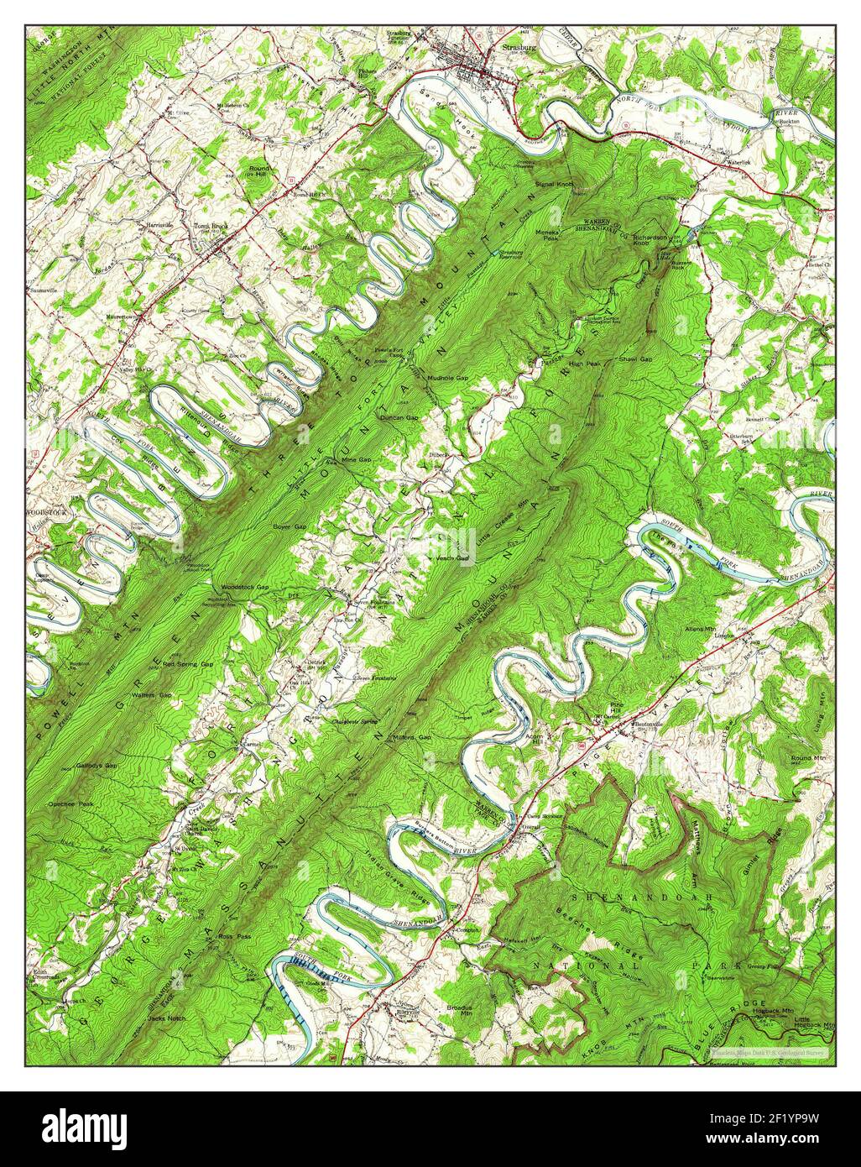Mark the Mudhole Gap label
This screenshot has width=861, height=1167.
point(447,379)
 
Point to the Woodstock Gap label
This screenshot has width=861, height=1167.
point(244,587)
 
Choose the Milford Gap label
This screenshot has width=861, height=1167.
point(411,737)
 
